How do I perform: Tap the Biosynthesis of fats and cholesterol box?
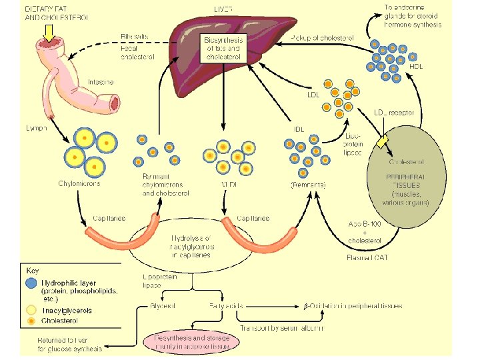click(x=223, y=49)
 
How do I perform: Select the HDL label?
click(x=415, y=67)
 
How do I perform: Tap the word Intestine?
click(x=101, y=82)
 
